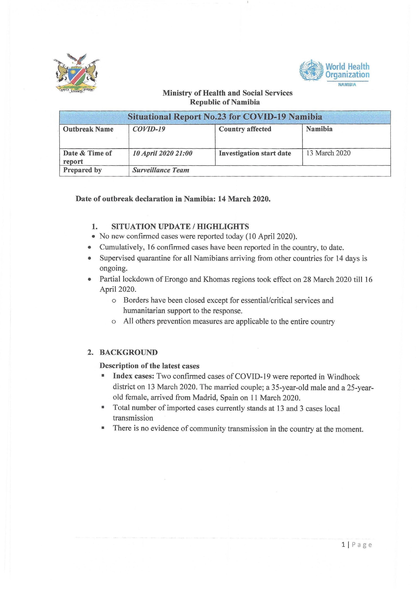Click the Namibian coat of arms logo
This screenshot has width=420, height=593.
[x=77, y=73]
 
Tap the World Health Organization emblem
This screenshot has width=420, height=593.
[x=311, y=70]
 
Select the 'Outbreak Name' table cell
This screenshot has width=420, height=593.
[x=88, y=129]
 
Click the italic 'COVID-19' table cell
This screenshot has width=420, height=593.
[x=149, y=129]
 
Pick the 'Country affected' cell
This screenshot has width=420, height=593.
[x=245, y=129]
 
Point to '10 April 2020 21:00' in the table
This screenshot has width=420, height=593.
[x=162, y=153]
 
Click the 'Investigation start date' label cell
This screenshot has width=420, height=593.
[x=255, y=153]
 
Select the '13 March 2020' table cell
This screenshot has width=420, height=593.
[x=328, y=153]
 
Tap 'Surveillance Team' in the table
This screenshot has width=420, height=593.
[x=161, y=170]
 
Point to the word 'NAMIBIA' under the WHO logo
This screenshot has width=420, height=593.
[x=347, y=85]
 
